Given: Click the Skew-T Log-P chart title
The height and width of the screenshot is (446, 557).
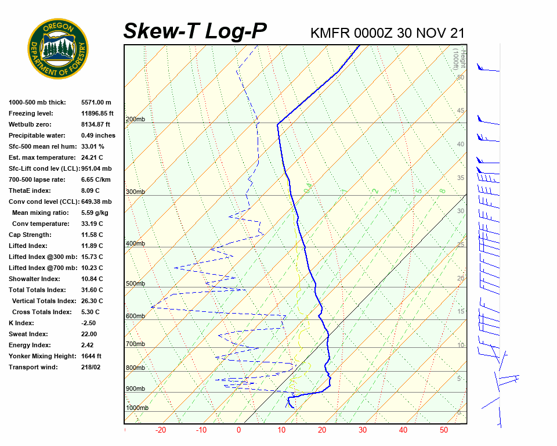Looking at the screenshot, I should point(196,31).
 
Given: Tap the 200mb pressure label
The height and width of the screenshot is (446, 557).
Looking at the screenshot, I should point(135,119).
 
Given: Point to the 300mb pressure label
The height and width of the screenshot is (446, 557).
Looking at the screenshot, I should point(135,192).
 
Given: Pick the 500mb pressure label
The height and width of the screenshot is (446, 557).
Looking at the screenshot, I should point(135,283).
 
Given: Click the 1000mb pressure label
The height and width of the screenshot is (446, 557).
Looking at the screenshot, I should point(137,408).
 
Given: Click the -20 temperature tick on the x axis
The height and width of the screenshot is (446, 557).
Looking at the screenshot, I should point(161,430).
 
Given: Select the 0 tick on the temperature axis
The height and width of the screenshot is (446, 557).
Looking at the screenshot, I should point(238,430).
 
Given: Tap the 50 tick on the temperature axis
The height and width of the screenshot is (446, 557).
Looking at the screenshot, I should point(444,430).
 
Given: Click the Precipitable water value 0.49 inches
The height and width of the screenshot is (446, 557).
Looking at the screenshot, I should point(98,135).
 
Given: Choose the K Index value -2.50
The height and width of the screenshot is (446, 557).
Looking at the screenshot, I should point(89,323).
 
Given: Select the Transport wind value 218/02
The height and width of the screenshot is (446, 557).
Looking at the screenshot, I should point(91,367).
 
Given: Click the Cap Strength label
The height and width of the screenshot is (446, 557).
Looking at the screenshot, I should point(30,235).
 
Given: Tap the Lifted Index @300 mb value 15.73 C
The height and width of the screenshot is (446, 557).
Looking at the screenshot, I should point(92,257).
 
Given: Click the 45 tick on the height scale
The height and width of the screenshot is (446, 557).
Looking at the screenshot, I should point(461,111).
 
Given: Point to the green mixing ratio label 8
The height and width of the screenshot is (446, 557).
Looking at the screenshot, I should point(442,190).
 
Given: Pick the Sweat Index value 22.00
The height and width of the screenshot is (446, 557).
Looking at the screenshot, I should point(89,334).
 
